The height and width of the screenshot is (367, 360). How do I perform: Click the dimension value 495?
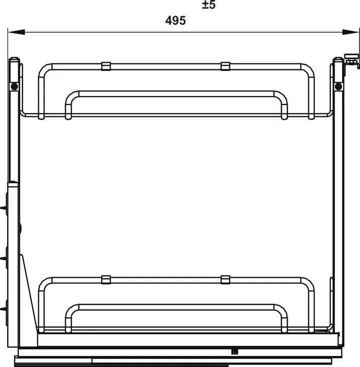(x=175, y=21)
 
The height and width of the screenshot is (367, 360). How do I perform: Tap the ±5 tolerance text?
(x=209, y=5)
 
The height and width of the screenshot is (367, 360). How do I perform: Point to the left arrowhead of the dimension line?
(x=17, y=32)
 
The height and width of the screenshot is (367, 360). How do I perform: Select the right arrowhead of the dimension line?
(x=350, y=32)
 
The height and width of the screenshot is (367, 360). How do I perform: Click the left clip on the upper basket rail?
(x=106, y=66)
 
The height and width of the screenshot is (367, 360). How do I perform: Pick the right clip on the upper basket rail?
(x=225, y=66)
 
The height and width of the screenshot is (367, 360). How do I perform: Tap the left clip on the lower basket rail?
(x=106, y=280)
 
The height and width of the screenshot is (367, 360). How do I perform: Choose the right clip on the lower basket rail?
(x=225, y=280)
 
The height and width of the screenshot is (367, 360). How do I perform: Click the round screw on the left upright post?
(x=15, y=86)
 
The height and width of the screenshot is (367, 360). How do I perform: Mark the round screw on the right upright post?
(x=338, y=86)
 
